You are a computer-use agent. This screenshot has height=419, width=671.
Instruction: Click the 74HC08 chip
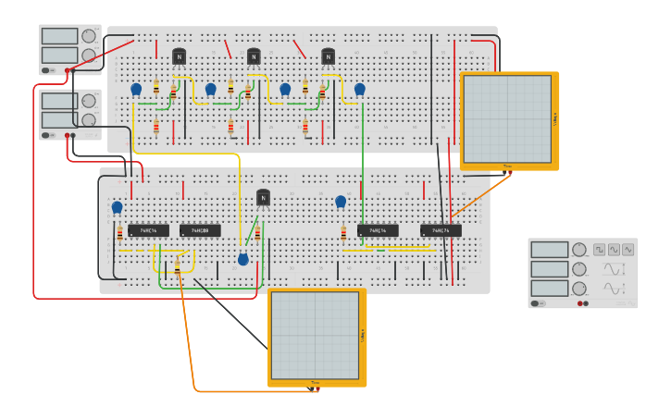coord(200,230)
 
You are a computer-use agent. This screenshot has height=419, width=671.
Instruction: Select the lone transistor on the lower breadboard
coord(263,197)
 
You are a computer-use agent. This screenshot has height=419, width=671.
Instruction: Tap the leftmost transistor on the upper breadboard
coord(179,56)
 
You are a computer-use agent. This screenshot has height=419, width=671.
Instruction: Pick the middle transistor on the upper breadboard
coord(254,56)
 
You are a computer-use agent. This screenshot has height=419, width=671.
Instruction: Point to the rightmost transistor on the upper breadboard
coord(328,56)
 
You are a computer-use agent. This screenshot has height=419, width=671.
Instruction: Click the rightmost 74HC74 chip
coord(441,230)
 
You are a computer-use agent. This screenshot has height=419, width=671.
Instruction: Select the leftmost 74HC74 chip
coord(148,230)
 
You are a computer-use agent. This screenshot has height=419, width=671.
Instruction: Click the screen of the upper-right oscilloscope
coord(506,118)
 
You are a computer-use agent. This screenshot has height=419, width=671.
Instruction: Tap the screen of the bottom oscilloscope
coord(315,335)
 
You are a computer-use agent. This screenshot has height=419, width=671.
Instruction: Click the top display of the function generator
coord(549,250)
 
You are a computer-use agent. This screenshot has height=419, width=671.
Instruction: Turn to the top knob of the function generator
coord(579,250)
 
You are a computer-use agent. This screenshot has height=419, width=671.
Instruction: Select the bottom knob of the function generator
coord(579,289)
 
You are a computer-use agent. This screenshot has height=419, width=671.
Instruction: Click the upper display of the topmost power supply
coord(59,36)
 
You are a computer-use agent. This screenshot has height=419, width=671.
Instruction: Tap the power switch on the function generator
coord(538,303)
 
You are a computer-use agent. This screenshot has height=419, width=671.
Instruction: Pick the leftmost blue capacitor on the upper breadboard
coord(136,89)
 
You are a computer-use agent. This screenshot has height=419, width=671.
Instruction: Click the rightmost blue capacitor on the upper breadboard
coord(359,89)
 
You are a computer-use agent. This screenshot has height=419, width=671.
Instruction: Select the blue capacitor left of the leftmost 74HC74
coord(117,207)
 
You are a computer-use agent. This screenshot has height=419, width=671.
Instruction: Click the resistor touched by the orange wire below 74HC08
coord(177,268)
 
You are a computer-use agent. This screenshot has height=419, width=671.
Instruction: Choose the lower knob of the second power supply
coord(89,120)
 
